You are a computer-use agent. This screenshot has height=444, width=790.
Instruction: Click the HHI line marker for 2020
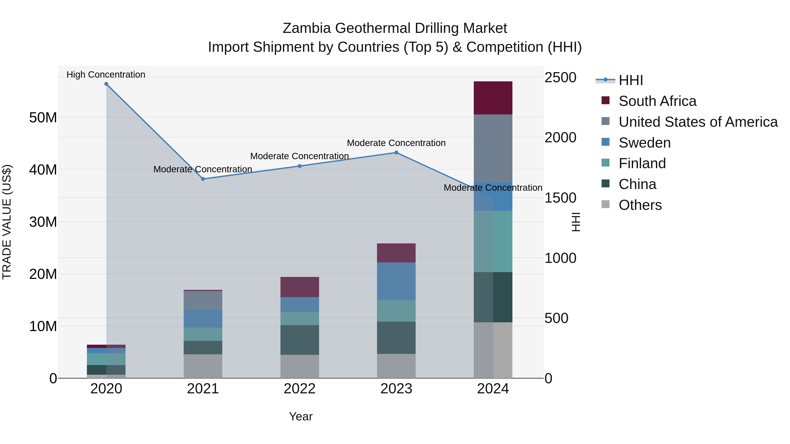[106, 84]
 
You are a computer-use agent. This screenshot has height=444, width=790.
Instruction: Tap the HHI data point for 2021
[203, 179]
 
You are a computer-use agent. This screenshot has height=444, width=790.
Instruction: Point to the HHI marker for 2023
[396, 153]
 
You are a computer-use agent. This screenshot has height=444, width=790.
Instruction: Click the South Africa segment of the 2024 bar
[493, 98]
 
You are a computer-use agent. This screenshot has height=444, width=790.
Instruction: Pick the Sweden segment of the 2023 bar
[396, 281]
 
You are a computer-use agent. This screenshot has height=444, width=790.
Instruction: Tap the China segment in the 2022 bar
[300, 340]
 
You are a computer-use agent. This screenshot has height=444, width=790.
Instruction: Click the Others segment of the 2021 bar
[203, 366]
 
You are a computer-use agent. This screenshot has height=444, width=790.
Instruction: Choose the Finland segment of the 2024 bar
[493, 241]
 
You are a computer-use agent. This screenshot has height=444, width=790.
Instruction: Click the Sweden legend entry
[644, 143]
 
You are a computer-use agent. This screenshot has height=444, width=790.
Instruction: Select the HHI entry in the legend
[630, 80]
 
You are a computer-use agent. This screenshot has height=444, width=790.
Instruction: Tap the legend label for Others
[640, 205]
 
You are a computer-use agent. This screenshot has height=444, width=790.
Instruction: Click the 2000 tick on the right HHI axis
[560, 137]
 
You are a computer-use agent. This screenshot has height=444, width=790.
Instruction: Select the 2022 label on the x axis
[300, 389]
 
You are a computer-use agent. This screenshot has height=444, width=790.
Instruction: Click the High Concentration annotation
[106, 75]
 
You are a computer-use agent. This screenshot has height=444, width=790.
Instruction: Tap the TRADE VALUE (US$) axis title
[7, 222]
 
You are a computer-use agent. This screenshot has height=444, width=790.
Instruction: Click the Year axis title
[301, 416]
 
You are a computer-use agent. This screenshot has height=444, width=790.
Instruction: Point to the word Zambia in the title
[307, 28]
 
